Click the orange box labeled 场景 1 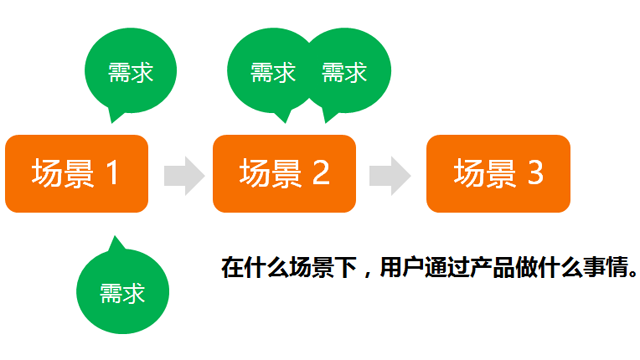(77, 173)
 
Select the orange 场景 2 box (285, 173)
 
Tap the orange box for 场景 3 (498, 173)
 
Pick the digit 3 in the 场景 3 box (534, 173)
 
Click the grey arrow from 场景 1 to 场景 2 (183, 174)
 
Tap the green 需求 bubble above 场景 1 (131, 72)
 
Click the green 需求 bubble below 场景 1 (123, 292)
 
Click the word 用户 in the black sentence (402, 268)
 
